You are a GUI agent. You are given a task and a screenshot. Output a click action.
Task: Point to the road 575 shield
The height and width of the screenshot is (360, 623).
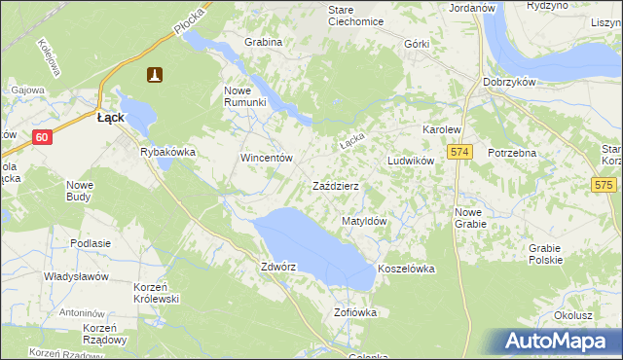tap(605, 184)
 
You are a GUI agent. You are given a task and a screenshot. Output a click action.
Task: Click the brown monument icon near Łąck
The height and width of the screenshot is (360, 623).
tap(155, 74)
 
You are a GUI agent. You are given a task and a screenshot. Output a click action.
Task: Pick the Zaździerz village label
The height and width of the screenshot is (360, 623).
tap(335, 186)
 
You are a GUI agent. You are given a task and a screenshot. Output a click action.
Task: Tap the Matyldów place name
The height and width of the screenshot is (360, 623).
tap(365, 222)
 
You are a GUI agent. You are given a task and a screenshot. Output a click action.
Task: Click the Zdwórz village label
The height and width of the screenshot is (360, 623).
tap(277, 266)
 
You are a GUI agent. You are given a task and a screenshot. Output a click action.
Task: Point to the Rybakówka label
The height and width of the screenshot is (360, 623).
tap(168, 152)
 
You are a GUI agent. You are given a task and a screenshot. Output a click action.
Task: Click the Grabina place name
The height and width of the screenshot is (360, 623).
tap(264, 43)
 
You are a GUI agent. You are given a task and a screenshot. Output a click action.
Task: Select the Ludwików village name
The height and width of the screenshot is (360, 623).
tap(410, 161)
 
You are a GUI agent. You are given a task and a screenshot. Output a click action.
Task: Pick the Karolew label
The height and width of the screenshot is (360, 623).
tap(440, 129)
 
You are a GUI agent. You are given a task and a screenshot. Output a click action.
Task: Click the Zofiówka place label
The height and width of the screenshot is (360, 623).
tap(354, 312)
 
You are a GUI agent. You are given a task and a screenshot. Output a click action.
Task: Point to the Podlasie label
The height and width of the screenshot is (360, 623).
tap(90, 243)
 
